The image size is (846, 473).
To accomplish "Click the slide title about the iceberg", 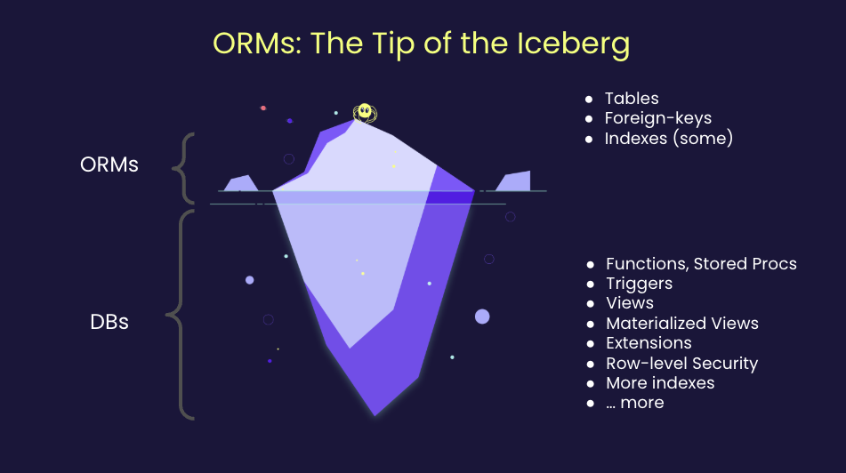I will point(421,44).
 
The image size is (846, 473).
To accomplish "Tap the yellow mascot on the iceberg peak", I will point(363,112).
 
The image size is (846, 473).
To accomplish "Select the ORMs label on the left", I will point(109,164).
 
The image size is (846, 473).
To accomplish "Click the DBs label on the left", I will point(109,321).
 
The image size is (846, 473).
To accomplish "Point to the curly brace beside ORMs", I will point(183,167).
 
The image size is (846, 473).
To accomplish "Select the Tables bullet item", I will point(631,99).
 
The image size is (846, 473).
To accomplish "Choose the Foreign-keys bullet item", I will point(657,118).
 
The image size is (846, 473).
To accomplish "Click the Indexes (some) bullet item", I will point(668,138).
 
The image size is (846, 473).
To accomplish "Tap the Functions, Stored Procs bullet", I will point(700,264).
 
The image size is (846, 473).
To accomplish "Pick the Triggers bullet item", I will point(639,284).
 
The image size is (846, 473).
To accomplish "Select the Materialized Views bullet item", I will point(681,323).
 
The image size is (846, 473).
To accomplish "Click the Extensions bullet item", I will point(649,343).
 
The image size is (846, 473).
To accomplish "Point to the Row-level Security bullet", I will point(681,363).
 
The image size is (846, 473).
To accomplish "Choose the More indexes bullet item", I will point(660,382).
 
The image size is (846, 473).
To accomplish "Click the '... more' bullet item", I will point(634,403).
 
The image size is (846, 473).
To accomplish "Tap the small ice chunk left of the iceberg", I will point(240,184).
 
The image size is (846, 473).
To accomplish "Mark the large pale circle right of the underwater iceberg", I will point(482,316).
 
